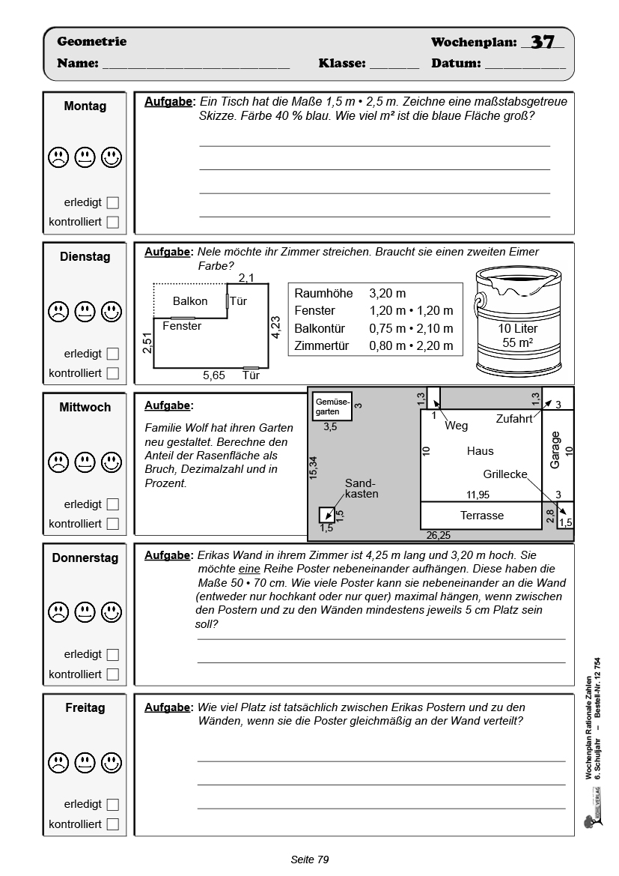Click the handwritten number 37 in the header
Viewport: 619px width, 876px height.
[543, 42]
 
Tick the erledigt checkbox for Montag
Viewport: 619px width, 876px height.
[113, 202]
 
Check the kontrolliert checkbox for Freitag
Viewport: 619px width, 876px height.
[113, 824]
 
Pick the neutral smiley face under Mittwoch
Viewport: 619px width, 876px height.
[85, 459]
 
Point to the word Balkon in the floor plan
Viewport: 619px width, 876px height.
[190, 301]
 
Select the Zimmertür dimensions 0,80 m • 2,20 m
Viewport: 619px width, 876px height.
[411, 345]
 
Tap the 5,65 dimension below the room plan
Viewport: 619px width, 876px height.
[214, 375]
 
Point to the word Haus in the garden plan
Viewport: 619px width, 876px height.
[480, 451]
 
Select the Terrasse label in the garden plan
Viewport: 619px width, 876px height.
[481, 516]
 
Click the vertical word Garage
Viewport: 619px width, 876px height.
[555, 450]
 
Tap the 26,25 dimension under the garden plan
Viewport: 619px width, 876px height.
[438, 535]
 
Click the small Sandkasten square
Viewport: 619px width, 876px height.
[326, 515]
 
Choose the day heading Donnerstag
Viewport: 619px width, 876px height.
[85, 558]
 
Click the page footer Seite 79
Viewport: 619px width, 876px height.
[309, 860]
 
